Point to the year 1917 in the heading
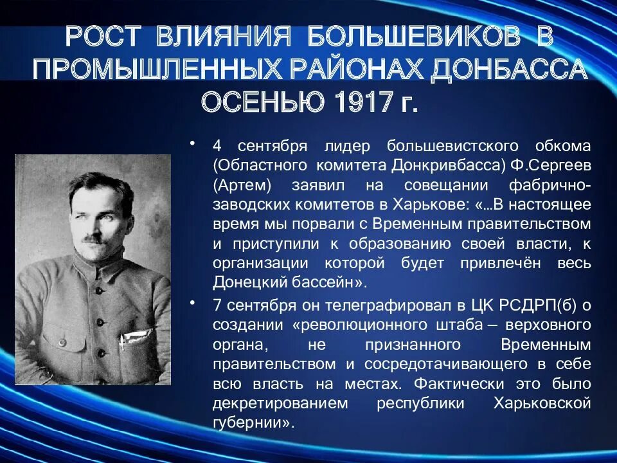363,101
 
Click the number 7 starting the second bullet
217,305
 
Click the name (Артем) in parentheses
238,186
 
